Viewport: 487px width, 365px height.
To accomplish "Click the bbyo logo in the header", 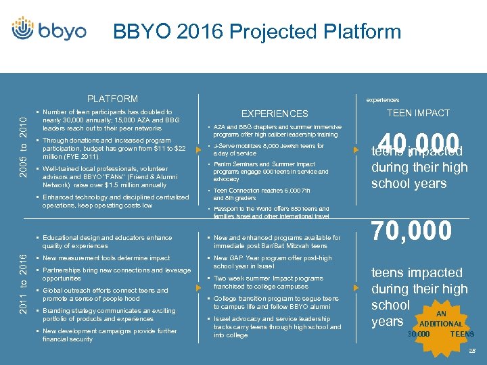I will coord(49,30).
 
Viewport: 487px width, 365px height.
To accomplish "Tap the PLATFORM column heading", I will coord(113,99).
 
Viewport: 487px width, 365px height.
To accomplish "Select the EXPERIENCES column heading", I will coord(275,114).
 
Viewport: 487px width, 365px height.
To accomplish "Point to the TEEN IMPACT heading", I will coord(418,113).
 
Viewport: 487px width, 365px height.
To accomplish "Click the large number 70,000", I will coord(411,230).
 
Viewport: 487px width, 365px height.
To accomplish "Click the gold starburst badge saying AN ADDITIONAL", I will coord(440,326).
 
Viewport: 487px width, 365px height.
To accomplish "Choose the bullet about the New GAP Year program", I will coord(273,262).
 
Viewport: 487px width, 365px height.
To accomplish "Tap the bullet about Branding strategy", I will coord(108,315).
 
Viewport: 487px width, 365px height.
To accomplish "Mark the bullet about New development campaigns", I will coord(109,335).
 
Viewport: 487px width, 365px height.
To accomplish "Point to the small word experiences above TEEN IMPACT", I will coord(383,100).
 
